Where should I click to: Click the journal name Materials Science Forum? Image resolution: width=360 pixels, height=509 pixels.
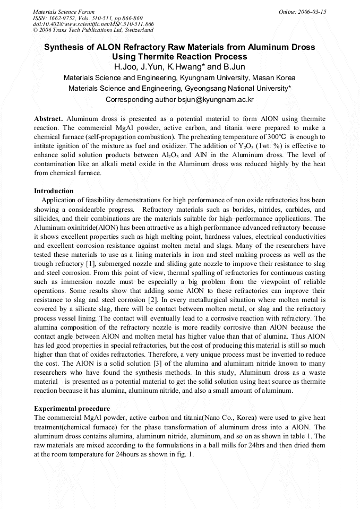[x=64, y=11]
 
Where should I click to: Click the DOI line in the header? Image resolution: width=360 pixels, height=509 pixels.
[x=93, y=24]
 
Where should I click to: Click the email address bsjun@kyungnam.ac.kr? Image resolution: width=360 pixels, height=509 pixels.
[x=217, y=99]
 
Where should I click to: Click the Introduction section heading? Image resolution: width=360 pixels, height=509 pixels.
[x=54, y=191]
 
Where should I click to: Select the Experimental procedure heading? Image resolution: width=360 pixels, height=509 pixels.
[x=72, y=408]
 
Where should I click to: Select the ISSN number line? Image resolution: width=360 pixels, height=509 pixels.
[x=88, y=18]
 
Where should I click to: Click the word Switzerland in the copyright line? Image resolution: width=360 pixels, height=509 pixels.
[x=138, y=30]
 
